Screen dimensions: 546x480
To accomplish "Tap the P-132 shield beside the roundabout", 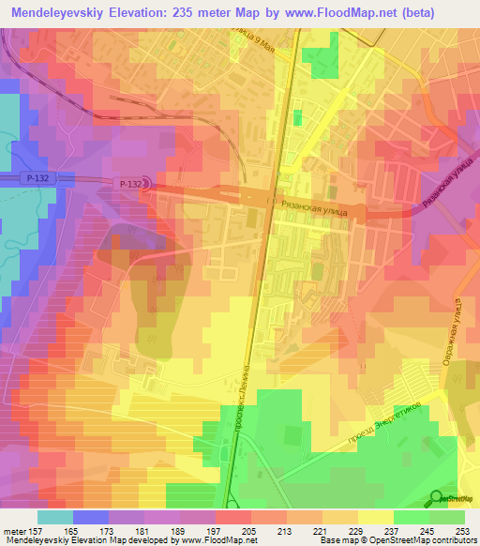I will (x=131, y=185).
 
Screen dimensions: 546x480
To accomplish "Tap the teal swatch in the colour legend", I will (x=55, y=517).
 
